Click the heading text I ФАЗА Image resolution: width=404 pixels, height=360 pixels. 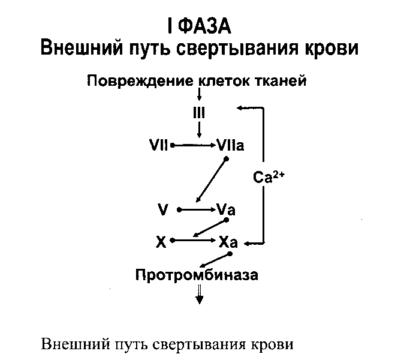click(x=198, y=26)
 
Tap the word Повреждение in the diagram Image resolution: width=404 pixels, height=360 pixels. click(x=138, y=81)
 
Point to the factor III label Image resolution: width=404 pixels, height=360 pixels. click(x=199, y=112)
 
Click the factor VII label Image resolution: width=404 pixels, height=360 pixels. click(x=158, y=145)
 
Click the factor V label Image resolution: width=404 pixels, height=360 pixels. click(x=162, y=210)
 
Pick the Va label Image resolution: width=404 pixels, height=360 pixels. click(x=226, y=210)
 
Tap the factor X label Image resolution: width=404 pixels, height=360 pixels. click(x=160, y=242)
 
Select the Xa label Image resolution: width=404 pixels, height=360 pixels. click(x=228, y=242)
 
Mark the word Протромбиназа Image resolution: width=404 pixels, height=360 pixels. click(x=197, y=275)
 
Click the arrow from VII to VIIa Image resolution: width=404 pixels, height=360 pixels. click(x=194, y=145)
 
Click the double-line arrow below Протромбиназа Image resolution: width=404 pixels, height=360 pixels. click(x=200, y=293)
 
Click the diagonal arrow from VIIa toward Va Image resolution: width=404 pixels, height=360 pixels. click(x=211, y=180)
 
